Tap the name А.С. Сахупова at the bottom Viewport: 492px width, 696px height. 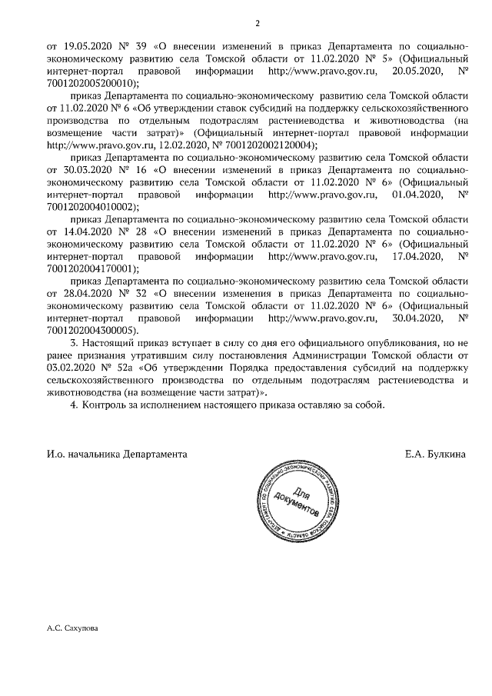73,628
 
